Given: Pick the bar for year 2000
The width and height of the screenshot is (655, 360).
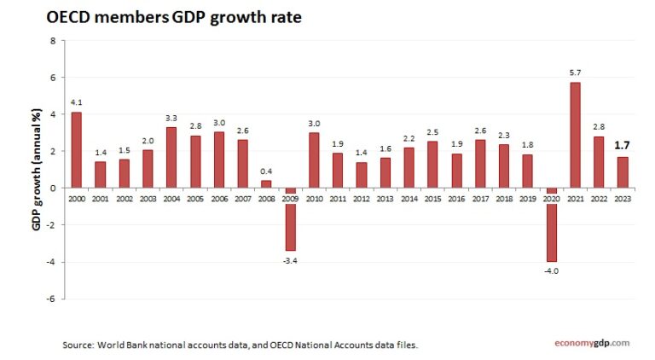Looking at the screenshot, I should [x=77, y=149].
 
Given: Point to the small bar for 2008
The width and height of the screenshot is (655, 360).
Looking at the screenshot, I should [x=266, y=183].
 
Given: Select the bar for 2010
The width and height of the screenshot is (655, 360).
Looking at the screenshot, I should [x=313, y=160].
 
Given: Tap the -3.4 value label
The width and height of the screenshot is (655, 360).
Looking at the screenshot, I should [x=289, y=259].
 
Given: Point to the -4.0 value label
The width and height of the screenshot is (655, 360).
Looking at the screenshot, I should [x=551, y=270].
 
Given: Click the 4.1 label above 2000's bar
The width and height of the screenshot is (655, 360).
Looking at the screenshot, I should [x=77, y=103].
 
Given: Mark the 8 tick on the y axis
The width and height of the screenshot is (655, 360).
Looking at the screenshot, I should [x=52, y=40].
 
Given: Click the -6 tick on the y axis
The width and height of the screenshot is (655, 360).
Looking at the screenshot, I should [x=50, y=299].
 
